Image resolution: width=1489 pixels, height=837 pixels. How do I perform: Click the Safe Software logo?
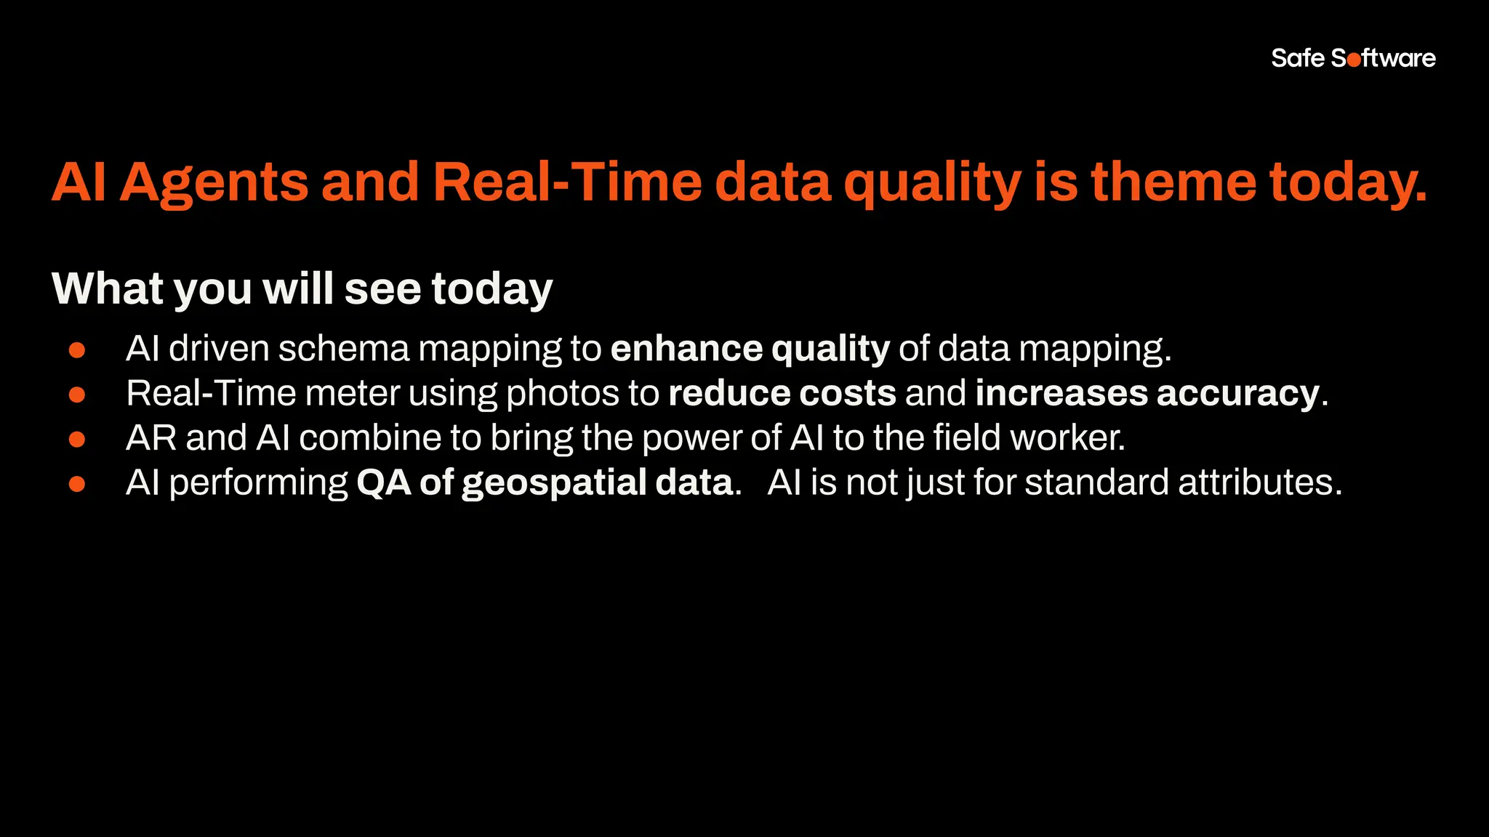1353,58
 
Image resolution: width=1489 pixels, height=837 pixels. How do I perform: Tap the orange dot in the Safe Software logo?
1354,60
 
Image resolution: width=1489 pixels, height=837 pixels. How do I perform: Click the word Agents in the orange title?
214,182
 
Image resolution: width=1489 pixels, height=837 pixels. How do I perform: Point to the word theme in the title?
1173,182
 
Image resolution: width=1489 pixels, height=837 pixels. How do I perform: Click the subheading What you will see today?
302,288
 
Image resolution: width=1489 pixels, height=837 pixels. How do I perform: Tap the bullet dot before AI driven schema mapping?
77,350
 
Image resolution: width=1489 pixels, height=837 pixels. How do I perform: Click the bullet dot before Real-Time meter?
77,395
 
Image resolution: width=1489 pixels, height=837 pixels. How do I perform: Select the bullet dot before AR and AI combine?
77,440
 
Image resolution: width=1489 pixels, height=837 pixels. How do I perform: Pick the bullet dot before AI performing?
77,484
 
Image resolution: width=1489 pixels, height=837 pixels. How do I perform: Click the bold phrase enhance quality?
750,349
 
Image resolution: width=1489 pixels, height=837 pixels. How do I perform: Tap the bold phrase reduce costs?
782,393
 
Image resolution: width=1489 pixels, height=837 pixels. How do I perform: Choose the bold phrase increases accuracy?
1147,393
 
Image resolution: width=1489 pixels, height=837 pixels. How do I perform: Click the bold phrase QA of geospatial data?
544,482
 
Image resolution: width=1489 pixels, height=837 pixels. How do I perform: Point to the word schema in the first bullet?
344,349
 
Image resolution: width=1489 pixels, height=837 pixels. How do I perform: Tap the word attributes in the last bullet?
1259,482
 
